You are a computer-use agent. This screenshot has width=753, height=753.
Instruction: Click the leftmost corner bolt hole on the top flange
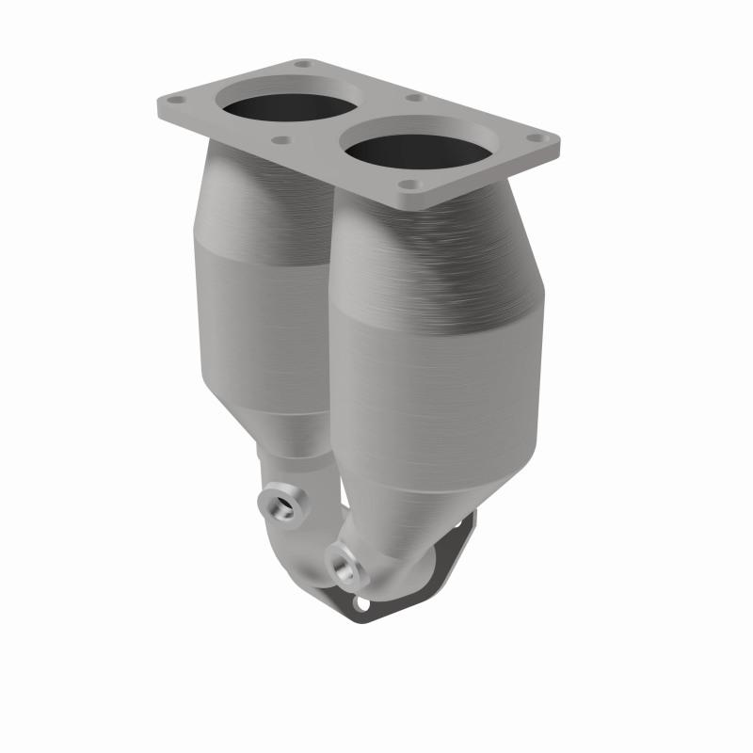(172, 99)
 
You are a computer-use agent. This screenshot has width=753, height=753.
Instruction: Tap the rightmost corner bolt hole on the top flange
(536, 138)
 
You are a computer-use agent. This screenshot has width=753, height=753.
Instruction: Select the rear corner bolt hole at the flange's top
(301, 64)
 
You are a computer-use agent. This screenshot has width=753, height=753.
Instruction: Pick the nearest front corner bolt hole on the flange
(407, 185)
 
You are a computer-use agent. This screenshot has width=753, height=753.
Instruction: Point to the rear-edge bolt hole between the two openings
(411, 98)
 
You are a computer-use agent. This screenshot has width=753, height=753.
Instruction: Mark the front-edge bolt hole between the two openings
(280, 141)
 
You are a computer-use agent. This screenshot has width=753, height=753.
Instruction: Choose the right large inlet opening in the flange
(417, 149)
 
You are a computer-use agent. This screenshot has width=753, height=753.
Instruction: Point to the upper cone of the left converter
(259, 202)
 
